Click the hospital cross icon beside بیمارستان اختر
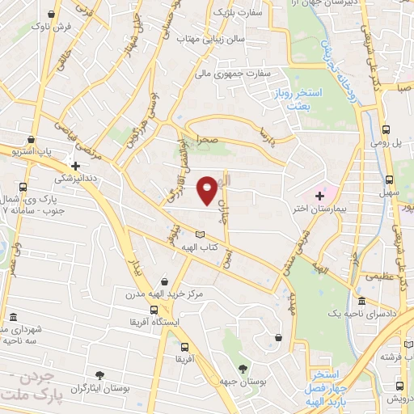pyautogui.click(x=319, y=195)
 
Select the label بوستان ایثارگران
pyautogui.click(x=99, y=389)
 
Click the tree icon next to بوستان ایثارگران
pyautogui.click(x=99, y=374)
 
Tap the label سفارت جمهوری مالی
pyautogui.click(x=238, y=72)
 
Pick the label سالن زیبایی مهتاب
pyautogui.click(x=213, y=38)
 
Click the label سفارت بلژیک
pyautogui.click(x=239, y=13)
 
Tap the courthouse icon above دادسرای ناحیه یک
pyautogui.click(x=361, y=300)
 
